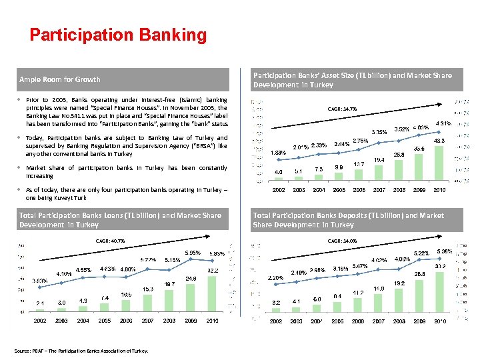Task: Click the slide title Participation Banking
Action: tap(118, 35)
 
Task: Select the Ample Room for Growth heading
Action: tap(60, 80)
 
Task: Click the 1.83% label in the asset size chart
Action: tap(279, 153)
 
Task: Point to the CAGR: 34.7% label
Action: tap(342, 109)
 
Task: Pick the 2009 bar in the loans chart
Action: tap(191, 297)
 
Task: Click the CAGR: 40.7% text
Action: tap(111, 241)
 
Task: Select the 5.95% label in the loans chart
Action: tap(193, 253)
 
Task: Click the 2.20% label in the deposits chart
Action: tap(276, 277)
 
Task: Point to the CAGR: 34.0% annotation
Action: tap(342, 241)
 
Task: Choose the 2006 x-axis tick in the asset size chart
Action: tap(359, 190)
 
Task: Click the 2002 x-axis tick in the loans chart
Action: tap(40, 321)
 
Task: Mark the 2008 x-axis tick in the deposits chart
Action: tap(399, 321)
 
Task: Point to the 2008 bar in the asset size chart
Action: tap(399, 171)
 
